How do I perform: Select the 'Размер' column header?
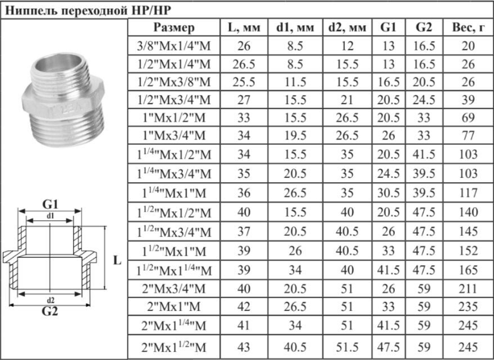click(x=174, y=28)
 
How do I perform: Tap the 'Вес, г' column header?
click(x=467, y=28)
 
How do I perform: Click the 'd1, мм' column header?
click(x=295, y=28)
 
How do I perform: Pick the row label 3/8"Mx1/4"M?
click(x=174, y=46)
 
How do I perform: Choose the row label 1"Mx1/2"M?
click(x=174, y=119)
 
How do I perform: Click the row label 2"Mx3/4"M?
click(x=174, y=288)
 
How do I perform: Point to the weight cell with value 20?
click(x=467, y=46)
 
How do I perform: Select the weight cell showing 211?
click(x=467, y=288)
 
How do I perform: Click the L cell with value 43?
click(x=244, y=348)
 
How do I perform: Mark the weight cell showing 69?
click(x=467, y=119)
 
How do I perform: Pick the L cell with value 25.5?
click(x=244, y=82)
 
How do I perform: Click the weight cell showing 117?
click(x=467, y=192)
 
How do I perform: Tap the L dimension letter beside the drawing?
click(x=117, y=260)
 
